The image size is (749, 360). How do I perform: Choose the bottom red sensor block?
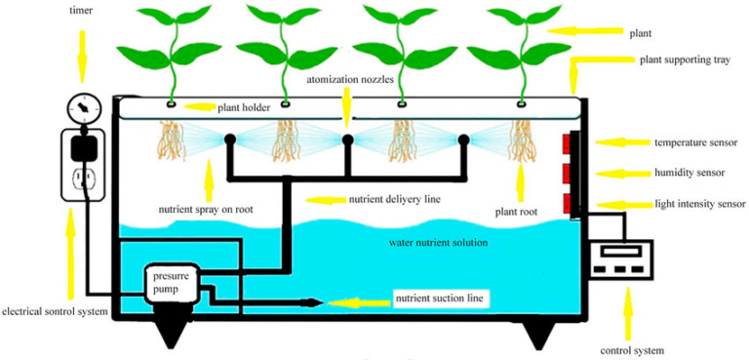(x=566, y=204)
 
